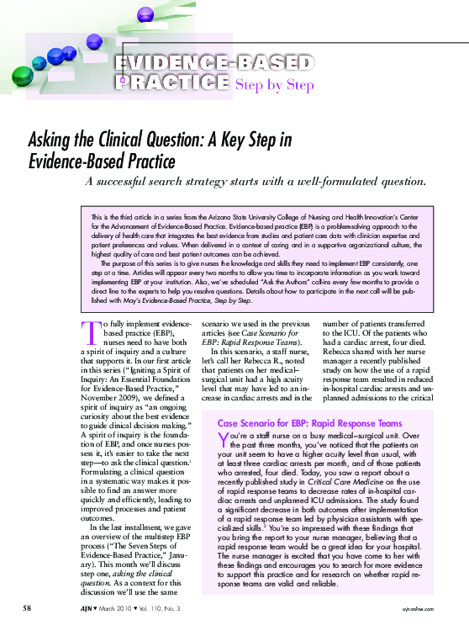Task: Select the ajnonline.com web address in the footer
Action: [x=424, y=607]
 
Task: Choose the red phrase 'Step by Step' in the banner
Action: [x=275, y=85]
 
